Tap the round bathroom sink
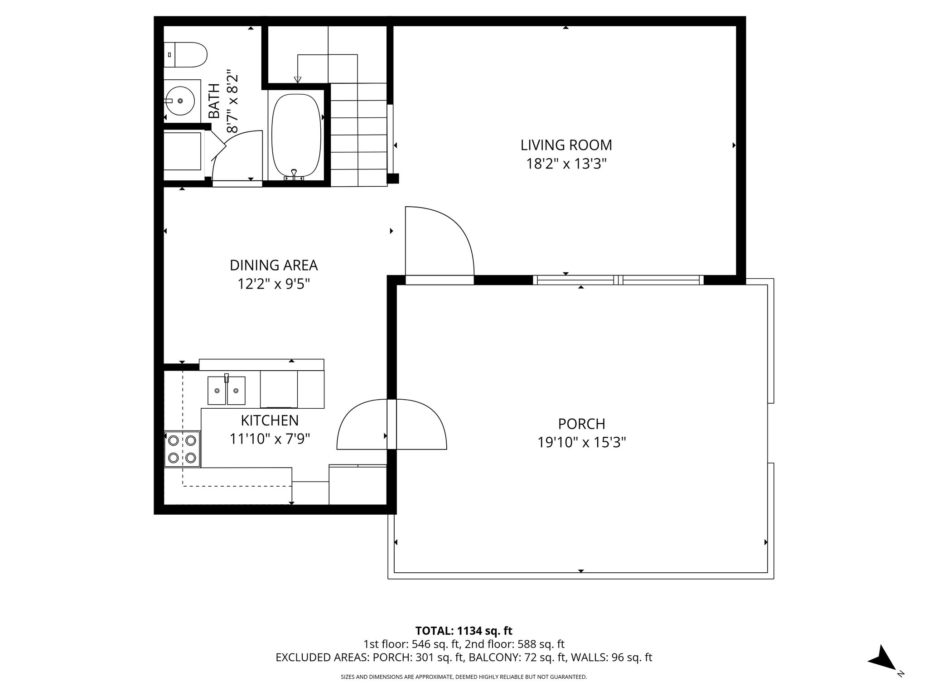[181, 100]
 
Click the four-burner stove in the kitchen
[182, 449]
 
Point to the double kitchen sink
[226, 390]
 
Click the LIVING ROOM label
[566, 145]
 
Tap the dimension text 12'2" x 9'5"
[274, 284]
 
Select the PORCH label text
[581, 424]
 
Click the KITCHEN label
[270, 420]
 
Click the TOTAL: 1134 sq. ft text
[464, 631]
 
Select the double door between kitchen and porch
[392, 425]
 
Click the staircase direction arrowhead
[297, 80]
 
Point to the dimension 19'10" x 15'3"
[581, 442]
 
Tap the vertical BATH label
[213, 101]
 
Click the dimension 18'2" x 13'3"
[566, 164]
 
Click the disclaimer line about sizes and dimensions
[464, 677]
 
